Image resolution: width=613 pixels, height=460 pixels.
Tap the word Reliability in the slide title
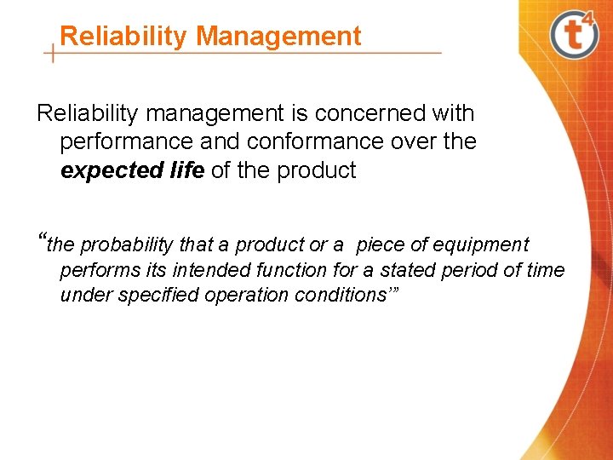coord(124,36)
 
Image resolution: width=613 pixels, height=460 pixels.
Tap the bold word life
coord(186,170)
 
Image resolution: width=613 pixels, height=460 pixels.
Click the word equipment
coord(481,245)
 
